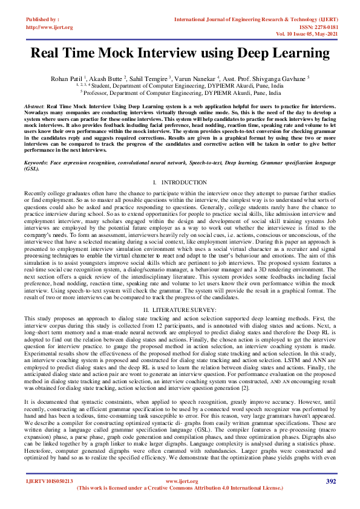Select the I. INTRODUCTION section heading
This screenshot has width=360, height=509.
point(180,182)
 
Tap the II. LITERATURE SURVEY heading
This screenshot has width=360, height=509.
point(180,309)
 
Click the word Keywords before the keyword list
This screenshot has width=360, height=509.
point(36,163)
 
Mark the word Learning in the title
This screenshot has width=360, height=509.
point(296,53)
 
